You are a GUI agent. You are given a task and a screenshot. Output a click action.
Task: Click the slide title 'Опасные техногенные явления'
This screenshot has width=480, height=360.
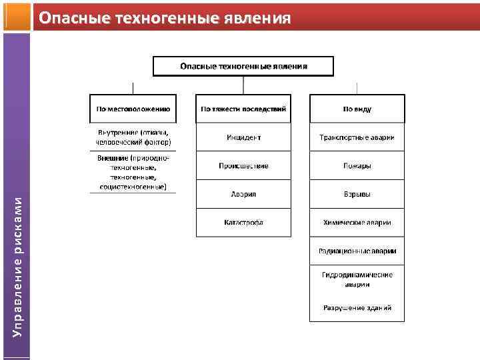pyautogui.click(x=164, y=18)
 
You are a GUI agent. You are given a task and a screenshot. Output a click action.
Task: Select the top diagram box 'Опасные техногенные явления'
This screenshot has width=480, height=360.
pyautogui.click(x=243, y=67)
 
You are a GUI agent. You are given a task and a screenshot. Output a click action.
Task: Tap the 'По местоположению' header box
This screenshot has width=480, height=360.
pyautogui.click(x=133, y=108)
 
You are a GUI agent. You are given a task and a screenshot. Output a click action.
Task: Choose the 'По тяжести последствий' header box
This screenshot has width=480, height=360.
pyautogui.click(x=243, y=108)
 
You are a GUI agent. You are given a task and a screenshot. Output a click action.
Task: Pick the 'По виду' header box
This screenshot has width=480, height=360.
pyautogui.click(x=357, y=108)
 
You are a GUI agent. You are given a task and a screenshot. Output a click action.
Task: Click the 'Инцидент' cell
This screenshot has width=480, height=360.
pyautogui.click(x=243, y=137)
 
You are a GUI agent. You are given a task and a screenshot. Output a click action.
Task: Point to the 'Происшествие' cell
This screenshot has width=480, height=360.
pyautogui.click(x=243, y=165)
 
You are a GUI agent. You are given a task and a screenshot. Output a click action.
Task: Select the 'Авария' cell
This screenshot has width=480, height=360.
pyautogui.click(x=243, y=194)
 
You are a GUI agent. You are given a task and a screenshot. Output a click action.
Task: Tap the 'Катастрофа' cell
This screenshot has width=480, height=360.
pyautogui.click(x=243, y=223)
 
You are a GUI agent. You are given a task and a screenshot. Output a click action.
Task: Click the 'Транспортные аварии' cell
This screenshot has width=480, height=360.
pyautogui.click(x=357, y=137)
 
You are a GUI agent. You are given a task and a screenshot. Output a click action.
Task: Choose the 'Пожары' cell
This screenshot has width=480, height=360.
pyautogui.click(x=357, y=165)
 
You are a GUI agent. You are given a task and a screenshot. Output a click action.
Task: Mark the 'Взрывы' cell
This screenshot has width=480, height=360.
pyautogui.click(x=357, y=194)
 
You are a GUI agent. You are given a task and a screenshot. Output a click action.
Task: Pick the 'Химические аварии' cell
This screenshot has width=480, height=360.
pyautogui.click(x=357, y=223)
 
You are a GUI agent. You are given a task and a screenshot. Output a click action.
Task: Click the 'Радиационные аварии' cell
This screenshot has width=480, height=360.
pyautogui.click(x=357, y=251)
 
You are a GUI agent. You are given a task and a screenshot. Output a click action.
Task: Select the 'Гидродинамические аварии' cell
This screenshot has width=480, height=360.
pyautogui.click(x=357, y=279)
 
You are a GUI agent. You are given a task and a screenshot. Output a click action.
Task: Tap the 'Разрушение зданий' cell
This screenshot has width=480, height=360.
pyautogui.click(x=357, y=308)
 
